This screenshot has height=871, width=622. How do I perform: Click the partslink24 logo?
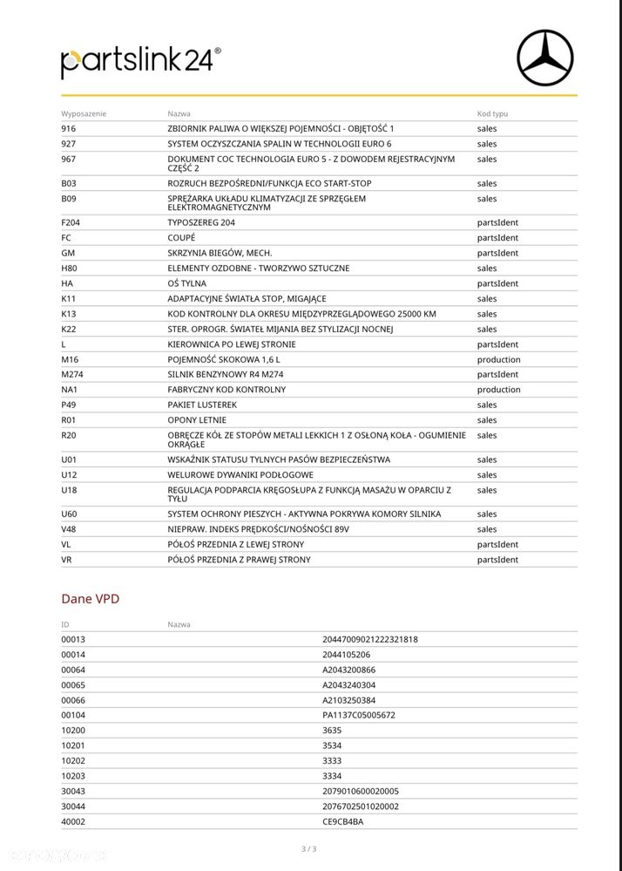point(140,61)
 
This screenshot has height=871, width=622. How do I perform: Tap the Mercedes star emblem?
point(545,58)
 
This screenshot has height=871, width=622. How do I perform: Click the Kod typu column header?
point(492,114)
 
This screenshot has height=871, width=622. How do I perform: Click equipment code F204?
point(71,222)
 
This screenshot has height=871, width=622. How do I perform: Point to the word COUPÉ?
point(181,238)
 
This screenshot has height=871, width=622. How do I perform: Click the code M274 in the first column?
point(72,375)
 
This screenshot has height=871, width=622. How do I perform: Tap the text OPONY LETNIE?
point(196,420)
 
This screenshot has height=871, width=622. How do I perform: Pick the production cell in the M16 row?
point(498,359)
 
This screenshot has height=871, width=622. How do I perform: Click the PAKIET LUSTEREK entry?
point(202,405)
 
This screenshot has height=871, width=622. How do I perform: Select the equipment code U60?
point(69,514)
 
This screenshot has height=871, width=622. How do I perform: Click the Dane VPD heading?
point(90,599)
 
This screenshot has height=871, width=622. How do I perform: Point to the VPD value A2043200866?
point(348,670)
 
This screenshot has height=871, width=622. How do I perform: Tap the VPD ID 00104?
point(73,715)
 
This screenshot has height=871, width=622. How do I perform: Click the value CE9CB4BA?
point(343,821)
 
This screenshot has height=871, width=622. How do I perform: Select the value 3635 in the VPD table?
point(332,731)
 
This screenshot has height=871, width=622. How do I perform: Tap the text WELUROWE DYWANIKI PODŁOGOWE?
point(230,475)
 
